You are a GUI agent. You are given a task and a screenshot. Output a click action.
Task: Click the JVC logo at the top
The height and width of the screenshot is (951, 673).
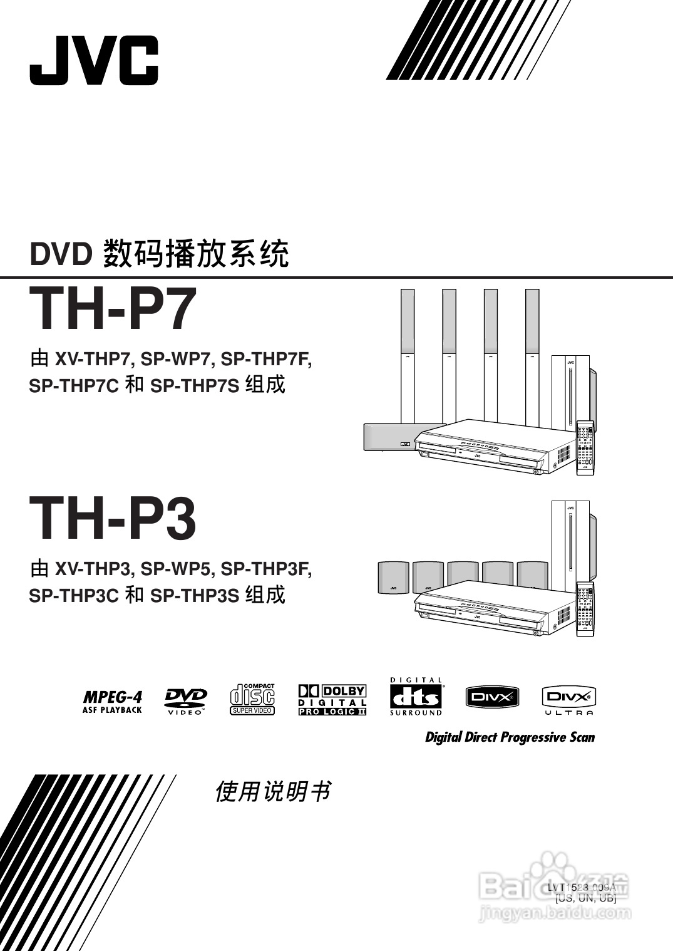tap(94, 60)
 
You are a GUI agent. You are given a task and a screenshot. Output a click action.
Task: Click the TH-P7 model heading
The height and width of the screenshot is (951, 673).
tap(113, 309)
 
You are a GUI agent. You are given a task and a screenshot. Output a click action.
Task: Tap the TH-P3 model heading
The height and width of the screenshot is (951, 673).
tap(113, 518)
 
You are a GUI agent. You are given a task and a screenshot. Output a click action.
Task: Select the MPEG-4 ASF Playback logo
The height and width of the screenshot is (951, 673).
tap(113, 701)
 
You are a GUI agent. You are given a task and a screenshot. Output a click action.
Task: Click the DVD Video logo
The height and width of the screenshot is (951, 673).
tap(186, 701)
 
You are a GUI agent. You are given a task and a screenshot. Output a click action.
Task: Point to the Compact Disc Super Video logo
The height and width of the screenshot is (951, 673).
tap(252, 699)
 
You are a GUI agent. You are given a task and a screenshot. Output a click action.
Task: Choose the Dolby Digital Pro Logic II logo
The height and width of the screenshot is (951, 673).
tap(332, 700)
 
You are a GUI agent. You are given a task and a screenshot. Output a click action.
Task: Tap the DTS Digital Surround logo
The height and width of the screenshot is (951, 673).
tap(416, 697)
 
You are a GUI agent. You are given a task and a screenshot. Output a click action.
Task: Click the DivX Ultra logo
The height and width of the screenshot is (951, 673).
tap(568, 700)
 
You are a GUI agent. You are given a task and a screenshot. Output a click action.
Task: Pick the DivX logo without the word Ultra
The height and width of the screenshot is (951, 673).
tap(492, 697)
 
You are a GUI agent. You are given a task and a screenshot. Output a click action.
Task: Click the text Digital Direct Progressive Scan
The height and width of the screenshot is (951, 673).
tap(510, 737)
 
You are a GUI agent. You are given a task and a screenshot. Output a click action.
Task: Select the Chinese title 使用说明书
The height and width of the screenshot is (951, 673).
tap(272, 792)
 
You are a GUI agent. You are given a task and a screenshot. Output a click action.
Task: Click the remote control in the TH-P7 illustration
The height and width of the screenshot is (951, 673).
tap(585, 447)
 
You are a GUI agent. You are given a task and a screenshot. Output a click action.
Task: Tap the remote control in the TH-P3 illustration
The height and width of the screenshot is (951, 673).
tap(585, 609)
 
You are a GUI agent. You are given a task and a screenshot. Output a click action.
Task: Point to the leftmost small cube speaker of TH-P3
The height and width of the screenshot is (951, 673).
tap(393, 577)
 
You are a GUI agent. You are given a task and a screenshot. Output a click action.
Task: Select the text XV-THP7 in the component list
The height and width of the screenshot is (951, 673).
tap(93, 360)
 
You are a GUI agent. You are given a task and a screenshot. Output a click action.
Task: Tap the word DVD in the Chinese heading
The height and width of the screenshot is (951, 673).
tap(61, 255)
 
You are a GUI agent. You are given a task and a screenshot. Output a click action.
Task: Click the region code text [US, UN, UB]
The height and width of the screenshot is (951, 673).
tap(585, 898)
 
